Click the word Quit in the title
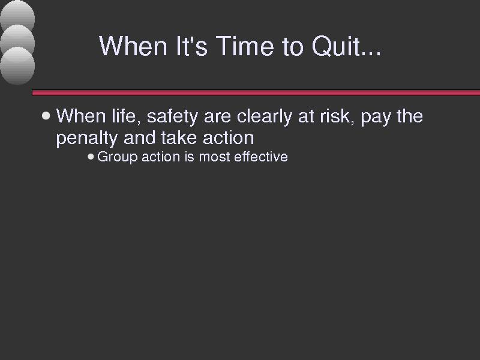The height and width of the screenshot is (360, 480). pyautogui.click(x=346, y=46)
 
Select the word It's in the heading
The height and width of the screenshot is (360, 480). pyautogui.click(x=192, y=46)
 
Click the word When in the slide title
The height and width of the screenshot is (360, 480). pyautogui.click(x=133, y=46)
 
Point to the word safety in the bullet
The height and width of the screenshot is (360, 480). pyautogui.click(x=172, y=117)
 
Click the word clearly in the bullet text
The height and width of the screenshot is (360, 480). pyautogui.click(x=265, y=117)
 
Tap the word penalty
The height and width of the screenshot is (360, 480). pyautogui.click(x=86, y=139)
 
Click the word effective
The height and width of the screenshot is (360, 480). pyautogui.click(x=261, y=157)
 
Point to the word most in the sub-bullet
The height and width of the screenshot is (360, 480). pyautogui.click(x=214, y=157)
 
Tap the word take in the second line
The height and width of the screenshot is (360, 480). pyautogui.click(x=178, y=138)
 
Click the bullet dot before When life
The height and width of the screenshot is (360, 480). pyautogui.click(x=46, y=116)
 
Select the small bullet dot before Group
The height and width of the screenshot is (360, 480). pyautogui.click(x=91, y=157)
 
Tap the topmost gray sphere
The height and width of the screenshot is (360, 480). pyautogui.click(x=17, y=14)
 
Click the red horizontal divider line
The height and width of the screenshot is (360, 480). pyautogui.click(x=256, y=93)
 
